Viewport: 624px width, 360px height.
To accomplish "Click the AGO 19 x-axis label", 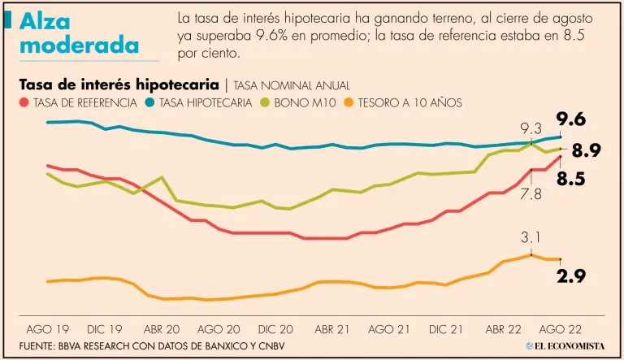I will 47,330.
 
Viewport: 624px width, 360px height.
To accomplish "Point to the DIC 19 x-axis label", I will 104,330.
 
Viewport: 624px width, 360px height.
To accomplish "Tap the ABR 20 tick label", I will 161,330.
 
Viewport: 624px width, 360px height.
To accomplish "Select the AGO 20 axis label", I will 218,330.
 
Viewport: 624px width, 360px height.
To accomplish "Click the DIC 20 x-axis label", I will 275,330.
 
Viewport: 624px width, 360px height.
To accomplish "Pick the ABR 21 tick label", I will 332,330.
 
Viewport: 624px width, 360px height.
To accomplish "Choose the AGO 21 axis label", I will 388,330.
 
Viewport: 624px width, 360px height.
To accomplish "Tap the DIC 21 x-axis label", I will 446,330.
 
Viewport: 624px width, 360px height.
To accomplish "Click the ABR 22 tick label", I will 503,330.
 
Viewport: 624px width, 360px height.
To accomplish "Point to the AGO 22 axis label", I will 560,330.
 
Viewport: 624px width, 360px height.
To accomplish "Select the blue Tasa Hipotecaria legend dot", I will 150,103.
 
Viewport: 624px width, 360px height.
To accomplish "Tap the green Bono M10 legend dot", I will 265,103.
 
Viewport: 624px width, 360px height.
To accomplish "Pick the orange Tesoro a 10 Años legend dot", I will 349,103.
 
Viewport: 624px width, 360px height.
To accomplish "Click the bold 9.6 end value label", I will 571,120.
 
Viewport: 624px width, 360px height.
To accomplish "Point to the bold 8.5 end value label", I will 571,180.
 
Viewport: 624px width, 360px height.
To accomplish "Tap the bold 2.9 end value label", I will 571,277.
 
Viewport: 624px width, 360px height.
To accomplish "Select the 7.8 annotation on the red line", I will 531,193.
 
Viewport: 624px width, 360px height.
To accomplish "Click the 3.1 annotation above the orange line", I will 531,238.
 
